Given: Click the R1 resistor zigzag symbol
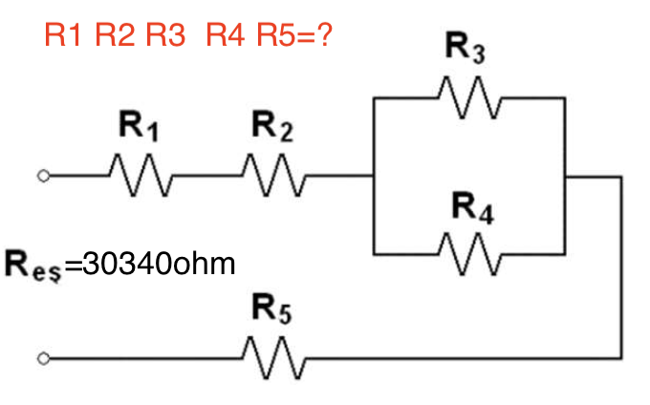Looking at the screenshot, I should (x=141, y=176).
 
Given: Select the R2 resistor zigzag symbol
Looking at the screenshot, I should (x=272, y=176).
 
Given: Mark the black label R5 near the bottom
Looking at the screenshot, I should (x=271, y=310).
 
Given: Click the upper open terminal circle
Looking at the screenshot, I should (x=41, y=177).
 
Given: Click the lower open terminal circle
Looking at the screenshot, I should (x=41, y=360).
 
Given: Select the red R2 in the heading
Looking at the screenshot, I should (x=116, y=37).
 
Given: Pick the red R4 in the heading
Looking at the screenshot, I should (x=226, y=37).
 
